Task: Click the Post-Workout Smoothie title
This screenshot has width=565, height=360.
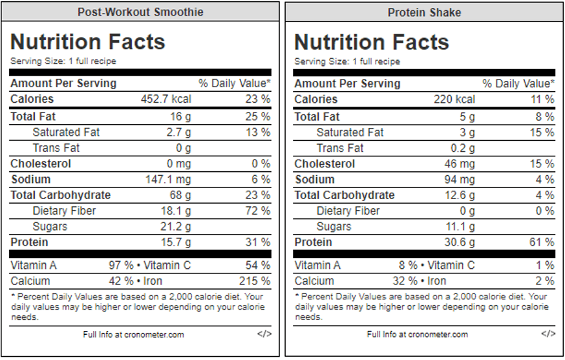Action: click(140, 12)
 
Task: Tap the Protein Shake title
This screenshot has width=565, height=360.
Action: click(424, 12)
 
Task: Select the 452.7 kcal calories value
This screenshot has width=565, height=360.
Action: click(166, 100)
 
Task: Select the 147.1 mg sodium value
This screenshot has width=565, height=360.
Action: click(169, 180)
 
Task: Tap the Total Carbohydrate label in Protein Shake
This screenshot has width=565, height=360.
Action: click(344, 195)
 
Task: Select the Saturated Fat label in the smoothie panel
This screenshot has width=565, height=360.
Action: click(66, 132)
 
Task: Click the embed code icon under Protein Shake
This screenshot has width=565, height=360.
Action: click(548, 334)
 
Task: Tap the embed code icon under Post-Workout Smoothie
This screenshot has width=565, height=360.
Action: click(264, 334)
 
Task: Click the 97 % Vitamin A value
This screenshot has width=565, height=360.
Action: click(121, 266)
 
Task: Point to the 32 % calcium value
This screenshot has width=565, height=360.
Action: click(405, 281)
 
